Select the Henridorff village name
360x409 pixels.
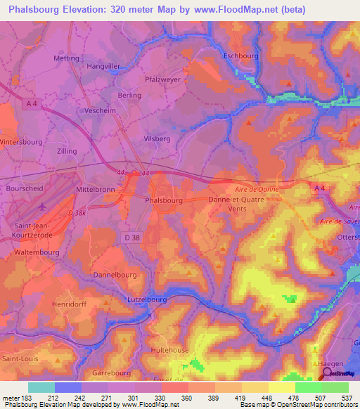pyautogui.click(x=68, y=304)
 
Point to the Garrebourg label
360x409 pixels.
pyautogui.click(x=113, y=373)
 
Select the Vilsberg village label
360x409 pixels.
pyautogui.click(x=157, y=139)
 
